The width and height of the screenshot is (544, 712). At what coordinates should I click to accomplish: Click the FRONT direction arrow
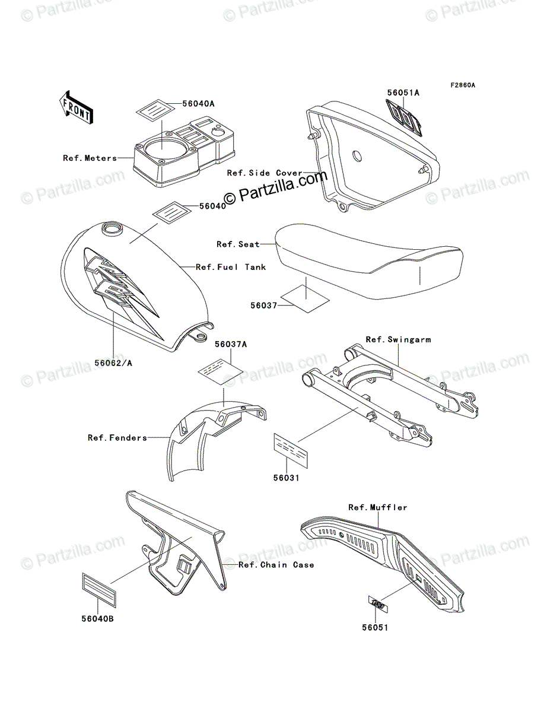click(x=74, y=107)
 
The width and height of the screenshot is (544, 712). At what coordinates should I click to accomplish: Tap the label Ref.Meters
click(x=90, y=158)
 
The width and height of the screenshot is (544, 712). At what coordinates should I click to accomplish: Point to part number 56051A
click(x=403, y=93)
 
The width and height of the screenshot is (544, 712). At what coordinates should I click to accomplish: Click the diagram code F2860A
click(x=462, y=85)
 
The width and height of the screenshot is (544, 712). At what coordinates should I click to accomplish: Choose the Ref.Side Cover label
click(x=264, y=173)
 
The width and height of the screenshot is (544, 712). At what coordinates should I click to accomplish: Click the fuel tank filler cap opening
click(x=111, y=228)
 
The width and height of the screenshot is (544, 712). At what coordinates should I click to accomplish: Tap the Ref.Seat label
click(x=238, y=244)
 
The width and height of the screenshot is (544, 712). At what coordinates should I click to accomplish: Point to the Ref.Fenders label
click(x=117, y=438)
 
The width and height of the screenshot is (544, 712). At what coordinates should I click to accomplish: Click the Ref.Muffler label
click(x=377, y=507)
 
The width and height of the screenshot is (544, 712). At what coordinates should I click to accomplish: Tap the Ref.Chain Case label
click(x=276, y=565)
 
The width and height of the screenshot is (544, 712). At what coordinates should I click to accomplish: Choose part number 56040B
click(x=98, y=619)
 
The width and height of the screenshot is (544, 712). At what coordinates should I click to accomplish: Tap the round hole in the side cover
click(x=356, y=155)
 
